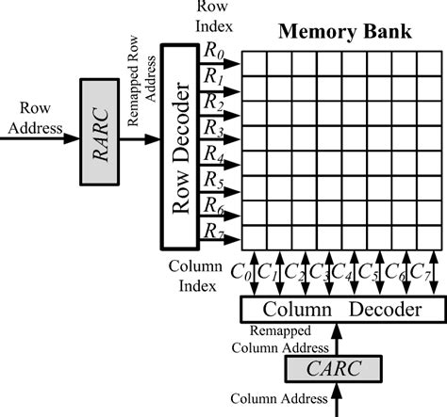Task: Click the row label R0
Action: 215,52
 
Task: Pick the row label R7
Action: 215,231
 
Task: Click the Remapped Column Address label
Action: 290,338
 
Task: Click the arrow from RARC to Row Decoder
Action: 143,140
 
